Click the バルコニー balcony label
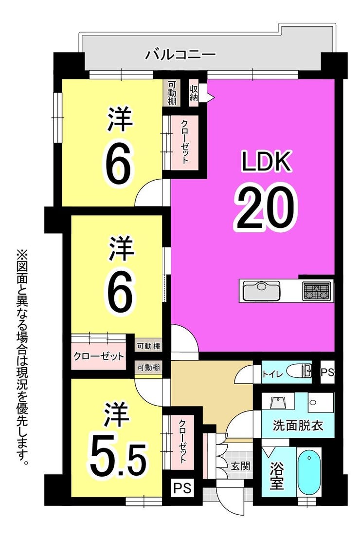point(180,54)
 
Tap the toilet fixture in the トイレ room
point(298,371)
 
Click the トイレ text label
point(272,373)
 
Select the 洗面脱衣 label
point(298,426)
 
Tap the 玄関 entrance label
point(240,466)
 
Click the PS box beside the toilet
point(327,372)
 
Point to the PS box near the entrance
point(182,487)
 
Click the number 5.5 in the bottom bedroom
point(118,459)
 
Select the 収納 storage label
point(194,93)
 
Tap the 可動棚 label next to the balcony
point(172,93)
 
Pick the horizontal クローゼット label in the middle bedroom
point(98,356)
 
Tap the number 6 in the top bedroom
point(118,168)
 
